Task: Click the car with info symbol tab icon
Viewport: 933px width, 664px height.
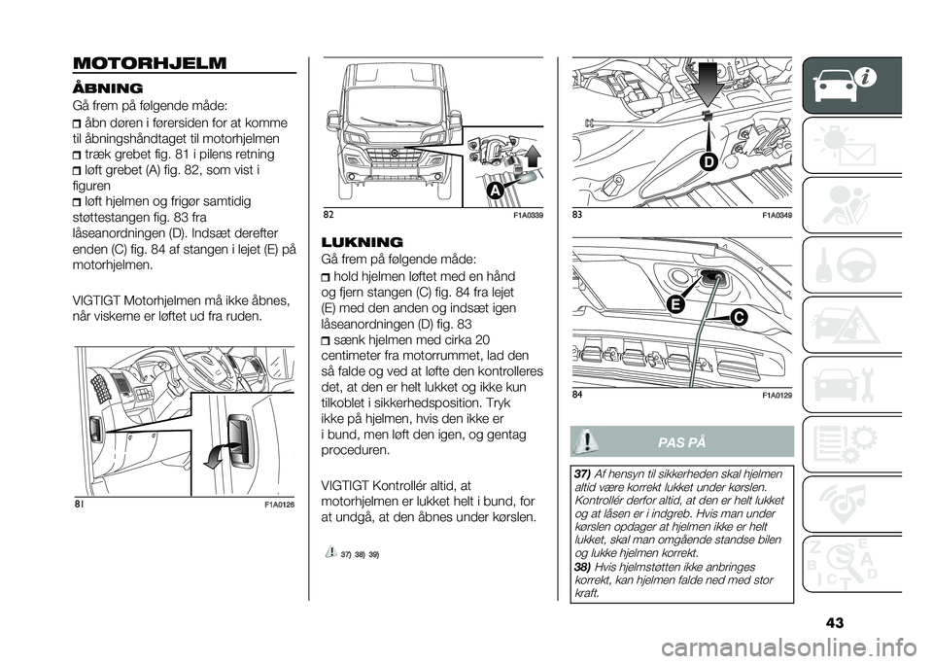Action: pyautogui.click(x=855, y=87)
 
